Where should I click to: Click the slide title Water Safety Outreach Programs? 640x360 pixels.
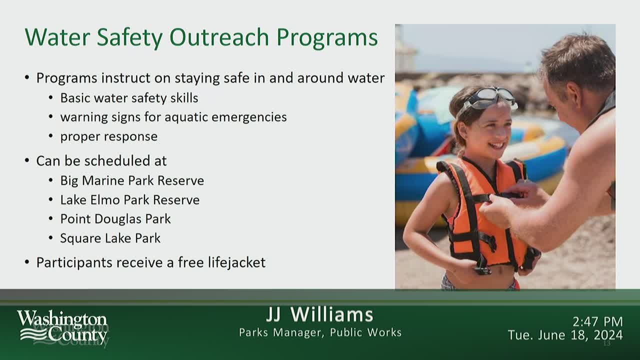click(201, 37)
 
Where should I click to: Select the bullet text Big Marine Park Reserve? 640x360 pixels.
click(132, 180)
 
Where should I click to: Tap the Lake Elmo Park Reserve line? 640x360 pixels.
click(129, 200)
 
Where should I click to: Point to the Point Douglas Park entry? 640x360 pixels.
click(115, 219)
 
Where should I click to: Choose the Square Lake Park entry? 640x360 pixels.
click(110, 238)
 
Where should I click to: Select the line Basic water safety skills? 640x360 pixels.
click(129, 98)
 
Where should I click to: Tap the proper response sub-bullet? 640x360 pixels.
click(108, 136)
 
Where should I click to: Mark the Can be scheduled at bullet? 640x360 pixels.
click(101, 161)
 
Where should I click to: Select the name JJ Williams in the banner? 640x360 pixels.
click(319, 315)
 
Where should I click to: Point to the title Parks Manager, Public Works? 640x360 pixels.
click(320, 332)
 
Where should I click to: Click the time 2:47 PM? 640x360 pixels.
click(597, 321)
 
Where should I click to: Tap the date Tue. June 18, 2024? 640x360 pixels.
click(565, 335)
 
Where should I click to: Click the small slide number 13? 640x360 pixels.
click(607, 343)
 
